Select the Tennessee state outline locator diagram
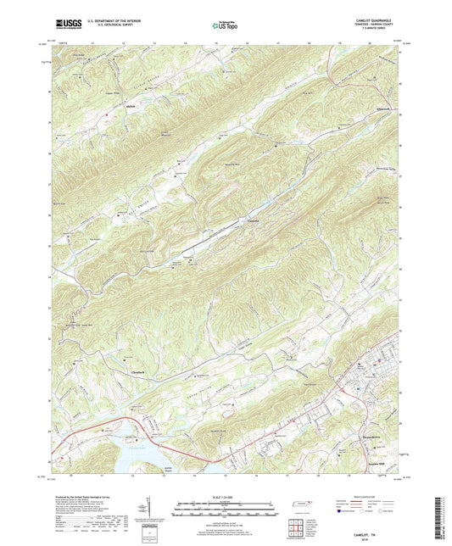301,505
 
